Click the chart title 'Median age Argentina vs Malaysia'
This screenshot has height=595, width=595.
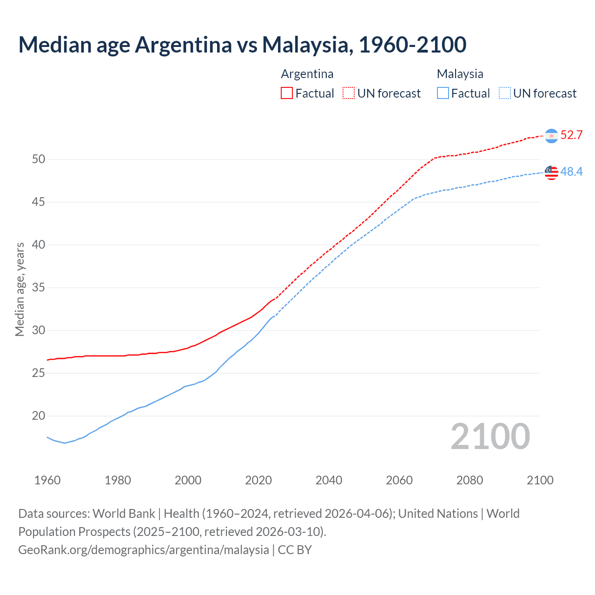click(242, 45)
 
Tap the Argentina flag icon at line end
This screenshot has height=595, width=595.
click(551, 136)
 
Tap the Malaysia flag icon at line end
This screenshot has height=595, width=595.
click(551, 172)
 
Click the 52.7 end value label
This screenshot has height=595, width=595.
click(571, 135)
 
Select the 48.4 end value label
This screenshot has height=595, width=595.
click(571, 172)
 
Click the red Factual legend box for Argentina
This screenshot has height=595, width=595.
click(287, 93)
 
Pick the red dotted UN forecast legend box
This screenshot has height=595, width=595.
click(349, 93)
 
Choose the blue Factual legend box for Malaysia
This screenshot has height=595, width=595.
click(443, 93)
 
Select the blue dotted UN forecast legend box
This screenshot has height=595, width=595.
click(504, 93)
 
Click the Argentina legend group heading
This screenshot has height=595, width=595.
click(307, 74)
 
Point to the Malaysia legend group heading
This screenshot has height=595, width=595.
click(460, 74)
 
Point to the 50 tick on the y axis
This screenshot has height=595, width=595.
click(39, 159)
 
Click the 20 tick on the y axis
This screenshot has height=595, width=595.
click(39, 416)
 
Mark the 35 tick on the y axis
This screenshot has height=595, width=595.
click(39, 288)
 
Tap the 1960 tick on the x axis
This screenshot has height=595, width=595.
click(47, 480)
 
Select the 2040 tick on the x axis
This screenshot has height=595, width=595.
click(329, 480)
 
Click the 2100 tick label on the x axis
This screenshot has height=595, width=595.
click(540, 480)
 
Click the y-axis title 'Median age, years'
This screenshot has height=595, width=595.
click(20, 289)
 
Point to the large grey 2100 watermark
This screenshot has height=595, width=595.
click(490, 436)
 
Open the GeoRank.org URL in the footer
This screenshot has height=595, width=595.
click(144, 550)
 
